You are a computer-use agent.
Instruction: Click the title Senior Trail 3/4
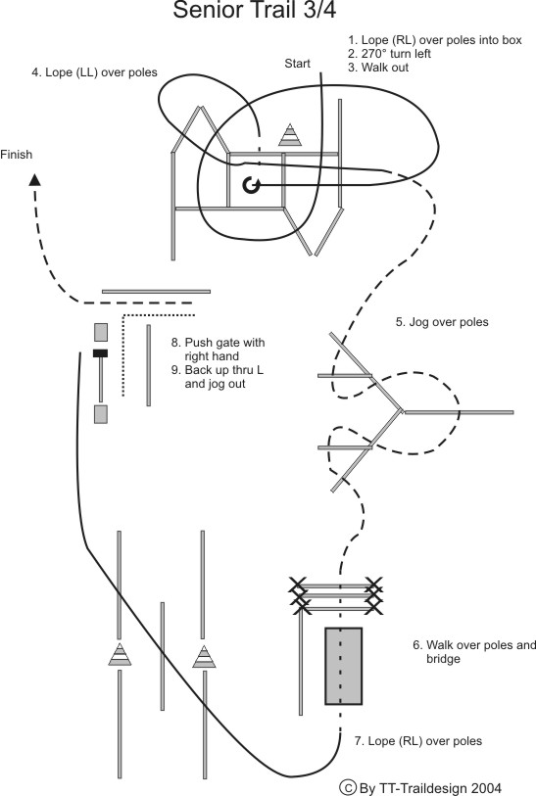pos(254,10)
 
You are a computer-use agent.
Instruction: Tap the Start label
pos(297,64)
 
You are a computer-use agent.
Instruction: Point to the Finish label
pos(17,155)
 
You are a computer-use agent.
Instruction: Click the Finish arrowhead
pos(34,180)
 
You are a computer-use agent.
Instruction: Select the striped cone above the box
pos(290,135)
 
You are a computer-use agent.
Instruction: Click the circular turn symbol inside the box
pos(251,185)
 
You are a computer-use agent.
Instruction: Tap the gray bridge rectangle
pos(343,666)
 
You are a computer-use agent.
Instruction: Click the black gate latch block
pos(100,353)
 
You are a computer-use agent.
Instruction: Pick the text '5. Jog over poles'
pos(442,322)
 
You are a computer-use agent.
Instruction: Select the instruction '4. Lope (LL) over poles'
pos(94,72)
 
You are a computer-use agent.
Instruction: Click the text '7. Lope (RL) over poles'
pos(418,741)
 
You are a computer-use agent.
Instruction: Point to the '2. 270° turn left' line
pos(389,54)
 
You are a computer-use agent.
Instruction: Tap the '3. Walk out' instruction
pos(378,68)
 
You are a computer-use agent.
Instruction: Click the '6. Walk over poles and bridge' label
pos(474,652)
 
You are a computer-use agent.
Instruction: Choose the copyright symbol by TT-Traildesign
pos(348,787)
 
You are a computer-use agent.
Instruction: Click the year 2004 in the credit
pos(486,788)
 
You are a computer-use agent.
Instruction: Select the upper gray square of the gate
pos(101,332)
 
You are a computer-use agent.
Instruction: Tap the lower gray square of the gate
pos(101,414)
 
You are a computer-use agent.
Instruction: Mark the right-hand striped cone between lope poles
pos(204,656)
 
